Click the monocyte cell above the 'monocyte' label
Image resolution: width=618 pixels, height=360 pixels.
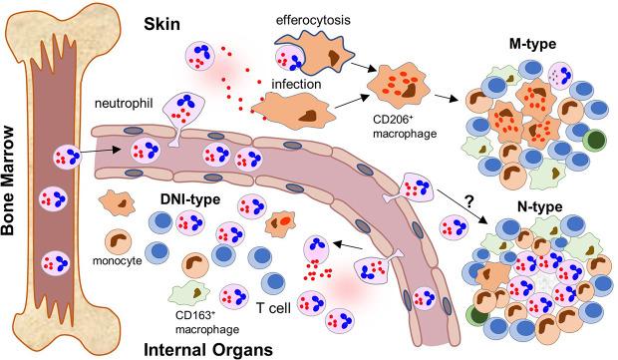120,242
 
